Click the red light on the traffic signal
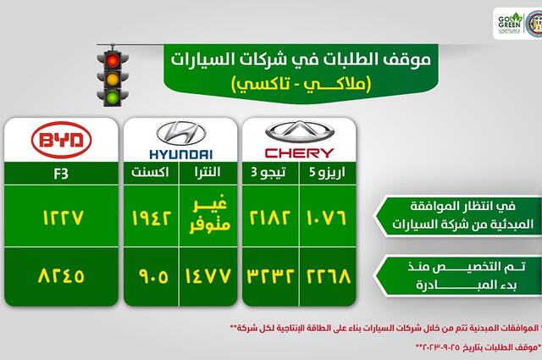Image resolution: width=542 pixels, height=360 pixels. (x=113, y=60)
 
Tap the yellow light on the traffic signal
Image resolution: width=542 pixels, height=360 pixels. (x=113, y=79)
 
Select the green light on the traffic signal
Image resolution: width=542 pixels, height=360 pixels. (x=113, y=98)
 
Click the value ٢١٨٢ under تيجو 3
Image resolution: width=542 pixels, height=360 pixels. (x=271, y=219)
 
